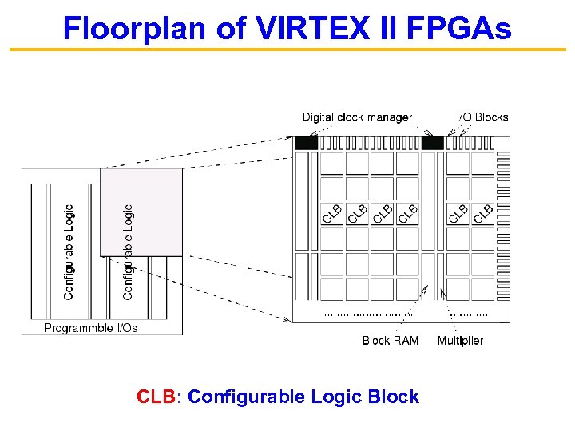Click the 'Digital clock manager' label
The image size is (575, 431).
(x=357, y=117)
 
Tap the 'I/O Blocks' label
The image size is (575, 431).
(x=482, y=117)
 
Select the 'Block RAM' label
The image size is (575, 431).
(x=391, y=341)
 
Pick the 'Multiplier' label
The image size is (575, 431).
(x=460, y=341)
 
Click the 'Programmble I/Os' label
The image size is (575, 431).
(x=90, y=328)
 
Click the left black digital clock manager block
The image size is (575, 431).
(x=307, y=144)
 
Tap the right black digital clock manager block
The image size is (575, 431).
(x=432, y=144)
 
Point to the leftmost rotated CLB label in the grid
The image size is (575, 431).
(x=333, y=213)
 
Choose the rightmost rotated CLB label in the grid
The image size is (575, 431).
(x=483, y=213)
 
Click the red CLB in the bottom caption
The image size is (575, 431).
(x=156, y=397)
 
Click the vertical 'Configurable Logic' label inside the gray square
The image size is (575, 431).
(x=128, y=252)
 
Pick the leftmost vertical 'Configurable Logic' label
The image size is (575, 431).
(x=69, y=252)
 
